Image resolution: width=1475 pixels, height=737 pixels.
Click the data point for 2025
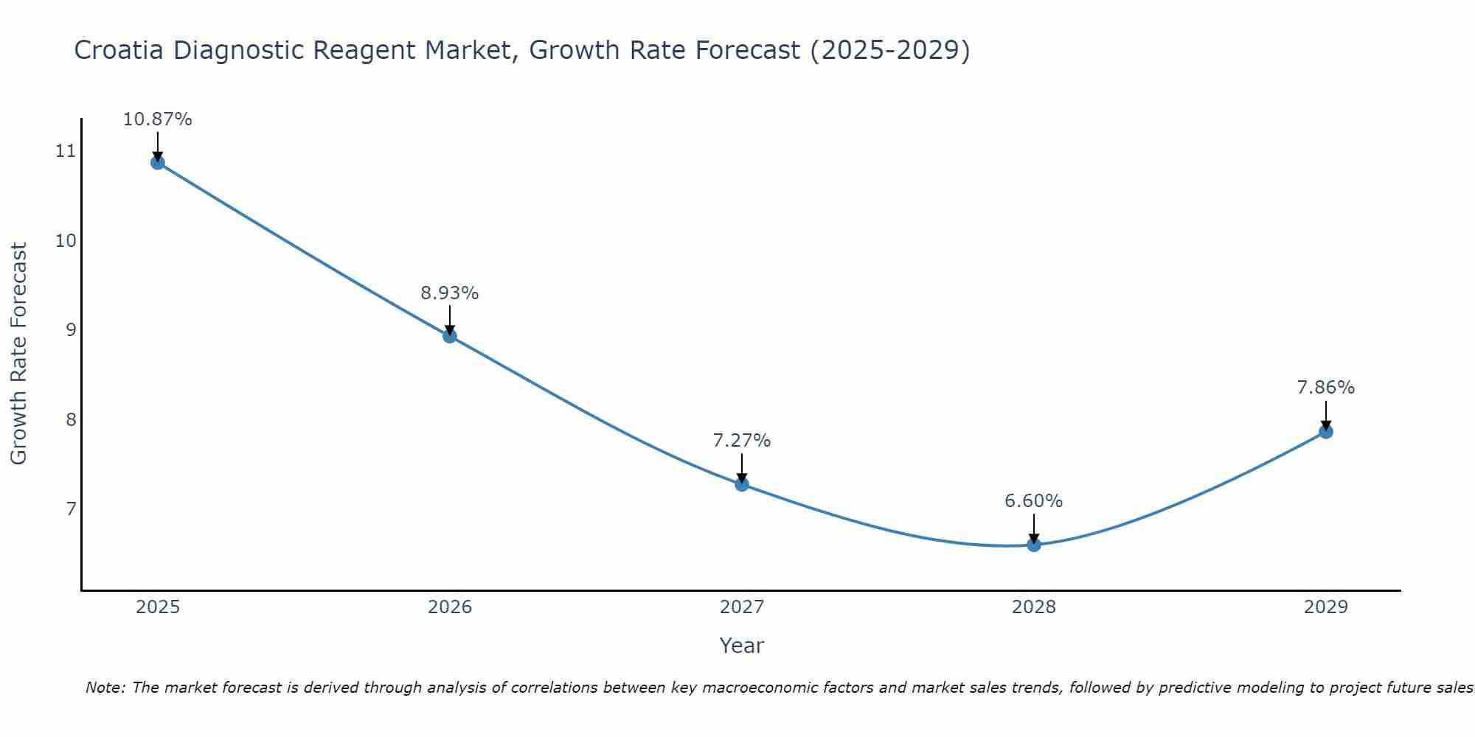tap(158, 162)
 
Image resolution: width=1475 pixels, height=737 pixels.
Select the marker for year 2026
tap(450, 336)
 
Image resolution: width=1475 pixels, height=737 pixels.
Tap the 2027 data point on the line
tap(742, 484)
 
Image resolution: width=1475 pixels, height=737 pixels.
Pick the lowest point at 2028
tap(1034, 545)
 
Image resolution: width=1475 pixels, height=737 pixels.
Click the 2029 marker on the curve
tap(1326, 432)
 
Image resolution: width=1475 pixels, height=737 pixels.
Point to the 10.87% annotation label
tap(157, 119)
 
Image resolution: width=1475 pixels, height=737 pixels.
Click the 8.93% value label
tap(449, 293)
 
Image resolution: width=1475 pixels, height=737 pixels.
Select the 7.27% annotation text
tap(741, 441)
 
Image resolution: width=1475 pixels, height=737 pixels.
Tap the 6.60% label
tap(1033, 501)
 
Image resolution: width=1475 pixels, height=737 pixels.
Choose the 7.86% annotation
tap(1325, 388)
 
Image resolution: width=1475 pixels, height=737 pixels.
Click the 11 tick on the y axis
tap(66, 152)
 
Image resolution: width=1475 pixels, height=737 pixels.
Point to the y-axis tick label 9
tap(71, 330)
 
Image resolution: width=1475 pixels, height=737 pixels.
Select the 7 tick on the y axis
tap(71, 509)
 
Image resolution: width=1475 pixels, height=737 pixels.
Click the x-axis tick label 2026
tap(450, 607)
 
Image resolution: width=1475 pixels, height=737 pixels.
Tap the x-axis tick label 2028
tap(1034, 607)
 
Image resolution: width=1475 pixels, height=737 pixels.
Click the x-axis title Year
tap(741, 646)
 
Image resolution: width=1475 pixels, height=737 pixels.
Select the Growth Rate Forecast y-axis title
tap(19, 354)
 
